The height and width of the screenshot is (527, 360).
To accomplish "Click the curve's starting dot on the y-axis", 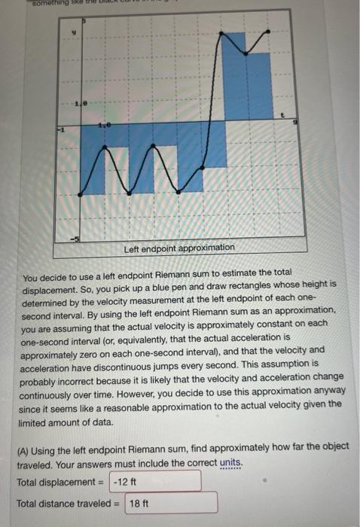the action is (x=81, y=195).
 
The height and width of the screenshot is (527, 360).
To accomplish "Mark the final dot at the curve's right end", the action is (x=270, y=32).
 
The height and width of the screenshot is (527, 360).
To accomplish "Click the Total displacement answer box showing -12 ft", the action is (x=156, y=481).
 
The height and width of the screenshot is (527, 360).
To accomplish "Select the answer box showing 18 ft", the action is (x=172, y=502).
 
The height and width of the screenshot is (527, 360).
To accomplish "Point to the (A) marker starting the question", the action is (x=24, y=447).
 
